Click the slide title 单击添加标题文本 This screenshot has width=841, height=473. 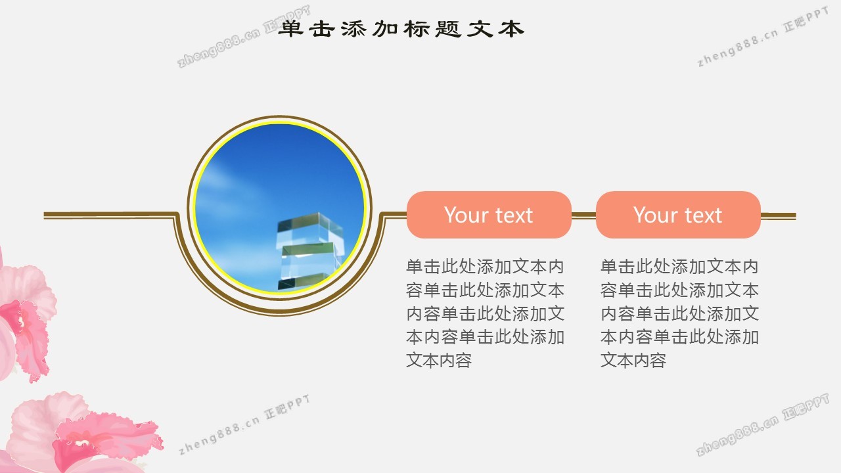pyautogui.click(x=401, y=29)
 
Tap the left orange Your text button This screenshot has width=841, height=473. pyautogui.click(x=489, y=215)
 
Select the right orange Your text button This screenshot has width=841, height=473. pyautogui.click(x=678, y=215)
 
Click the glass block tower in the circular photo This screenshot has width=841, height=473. pyautogui.click(x=309, y=252)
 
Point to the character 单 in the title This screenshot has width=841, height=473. pyautogui.click(x=291, y=29)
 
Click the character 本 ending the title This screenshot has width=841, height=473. pyautogui.click(x=511, y=29)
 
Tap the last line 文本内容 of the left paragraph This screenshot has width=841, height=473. pyautogui.click(x=439, y=360)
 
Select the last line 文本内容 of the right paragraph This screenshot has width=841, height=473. pyautogui.click(x=633, y=360)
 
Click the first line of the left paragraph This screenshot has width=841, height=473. pyautogui.click(x=485, y=267)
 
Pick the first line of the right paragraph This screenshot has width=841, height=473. pyautogui.click(x=679, y=267)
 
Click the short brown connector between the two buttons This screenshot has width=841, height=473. pyautogui.click(x=583, y=215)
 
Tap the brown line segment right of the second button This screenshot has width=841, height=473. pyautogui.click(x=779, y=215)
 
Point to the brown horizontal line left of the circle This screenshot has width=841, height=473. pyautogui.click(x=110, y=215)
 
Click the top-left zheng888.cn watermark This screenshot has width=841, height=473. pyautogui.click(x=244, y=36)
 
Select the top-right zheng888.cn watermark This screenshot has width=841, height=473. pyautogui.click(x=763, y=37)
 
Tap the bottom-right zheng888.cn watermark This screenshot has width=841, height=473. pyautogui.click(x=762, y=424)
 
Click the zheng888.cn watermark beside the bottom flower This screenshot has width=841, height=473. pyautogui.click(x=244, y=424)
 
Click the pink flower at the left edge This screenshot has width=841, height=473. pyautogui.click(x=24, y=319)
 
